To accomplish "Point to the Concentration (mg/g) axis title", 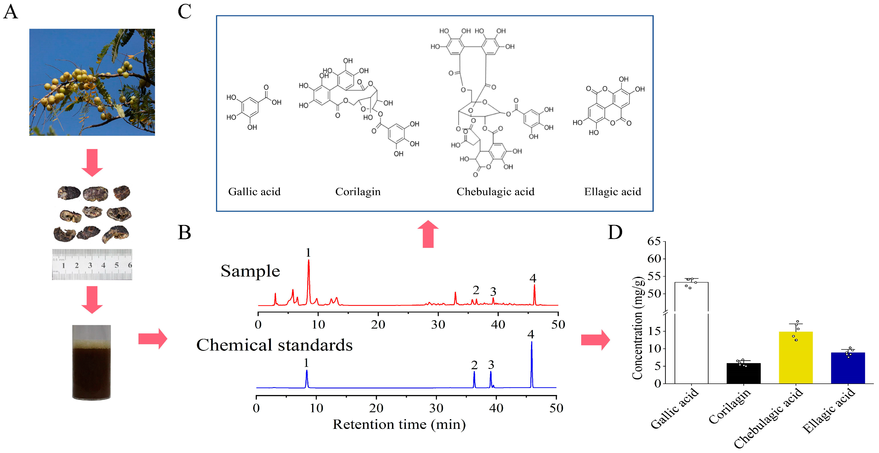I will click(x=637, y=328).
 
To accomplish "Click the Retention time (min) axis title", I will click(x=399, y=425).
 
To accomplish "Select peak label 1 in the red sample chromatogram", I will click(x=308, y=253).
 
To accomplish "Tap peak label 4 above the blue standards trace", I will click(x=531, y=334).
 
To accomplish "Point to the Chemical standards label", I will click(x=274, y=345).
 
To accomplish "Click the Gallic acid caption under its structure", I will click(x=254, y=192).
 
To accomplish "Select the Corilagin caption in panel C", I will click(x=358, y=192).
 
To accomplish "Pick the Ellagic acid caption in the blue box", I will click(x=613, y=192).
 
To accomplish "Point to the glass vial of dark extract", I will click(x=91, y=362).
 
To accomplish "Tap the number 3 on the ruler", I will click(x=90, y=265).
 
